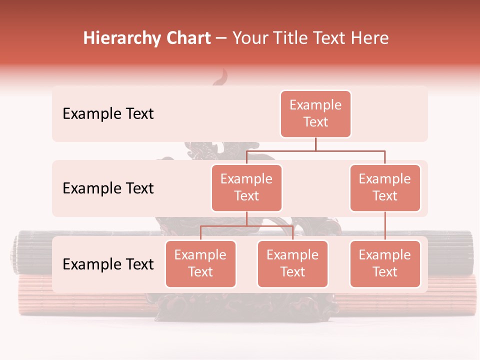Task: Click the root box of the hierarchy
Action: click(315, 114)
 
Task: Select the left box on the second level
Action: click(246, 188)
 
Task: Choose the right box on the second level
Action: click(385, 188)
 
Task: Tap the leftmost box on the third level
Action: click(200, 264)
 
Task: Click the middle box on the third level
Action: click(292, 264)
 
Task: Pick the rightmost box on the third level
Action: click(385, 264)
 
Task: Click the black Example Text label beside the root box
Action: click(108, 114)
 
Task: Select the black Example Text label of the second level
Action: click(108, 188)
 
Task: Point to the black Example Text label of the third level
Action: click(108, 264)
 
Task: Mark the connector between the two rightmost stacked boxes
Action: click(385, 226)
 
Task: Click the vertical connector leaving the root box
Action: click(315, 144)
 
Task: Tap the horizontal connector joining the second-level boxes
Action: click(315, 150)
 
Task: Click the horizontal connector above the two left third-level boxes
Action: click(246, 226)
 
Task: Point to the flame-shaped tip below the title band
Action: click(221, 78)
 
